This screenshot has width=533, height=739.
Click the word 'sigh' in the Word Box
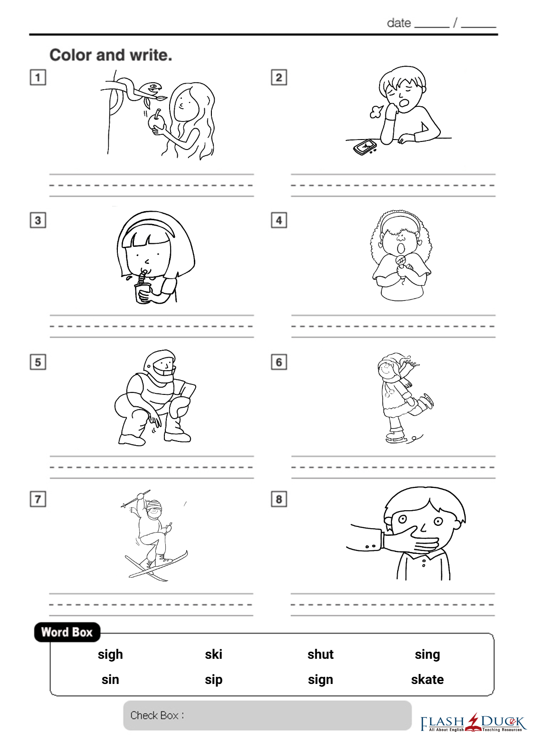click(110, 655)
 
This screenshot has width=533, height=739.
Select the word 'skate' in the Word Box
click(428, 680)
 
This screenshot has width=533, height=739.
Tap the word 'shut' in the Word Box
click(320, 654)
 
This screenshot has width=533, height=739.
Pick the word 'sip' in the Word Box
click(214, 680)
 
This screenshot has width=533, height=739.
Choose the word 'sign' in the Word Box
click(320, 680)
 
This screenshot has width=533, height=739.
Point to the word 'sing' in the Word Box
click(428, 655)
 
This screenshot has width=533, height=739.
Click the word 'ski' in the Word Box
click(214, 654)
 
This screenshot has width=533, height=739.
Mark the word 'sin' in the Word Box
click(110, 680)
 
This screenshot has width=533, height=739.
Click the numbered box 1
click(38, 77)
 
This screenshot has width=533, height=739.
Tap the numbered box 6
click(279, 362)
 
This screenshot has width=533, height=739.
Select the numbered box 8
click(279, 499)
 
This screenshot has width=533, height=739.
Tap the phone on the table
click(364, 147)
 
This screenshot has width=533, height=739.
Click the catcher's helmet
click(160, 364)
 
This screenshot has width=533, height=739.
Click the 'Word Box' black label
click(67, 632)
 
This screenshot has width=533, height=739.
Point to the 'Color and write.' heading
click(111, 55)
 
